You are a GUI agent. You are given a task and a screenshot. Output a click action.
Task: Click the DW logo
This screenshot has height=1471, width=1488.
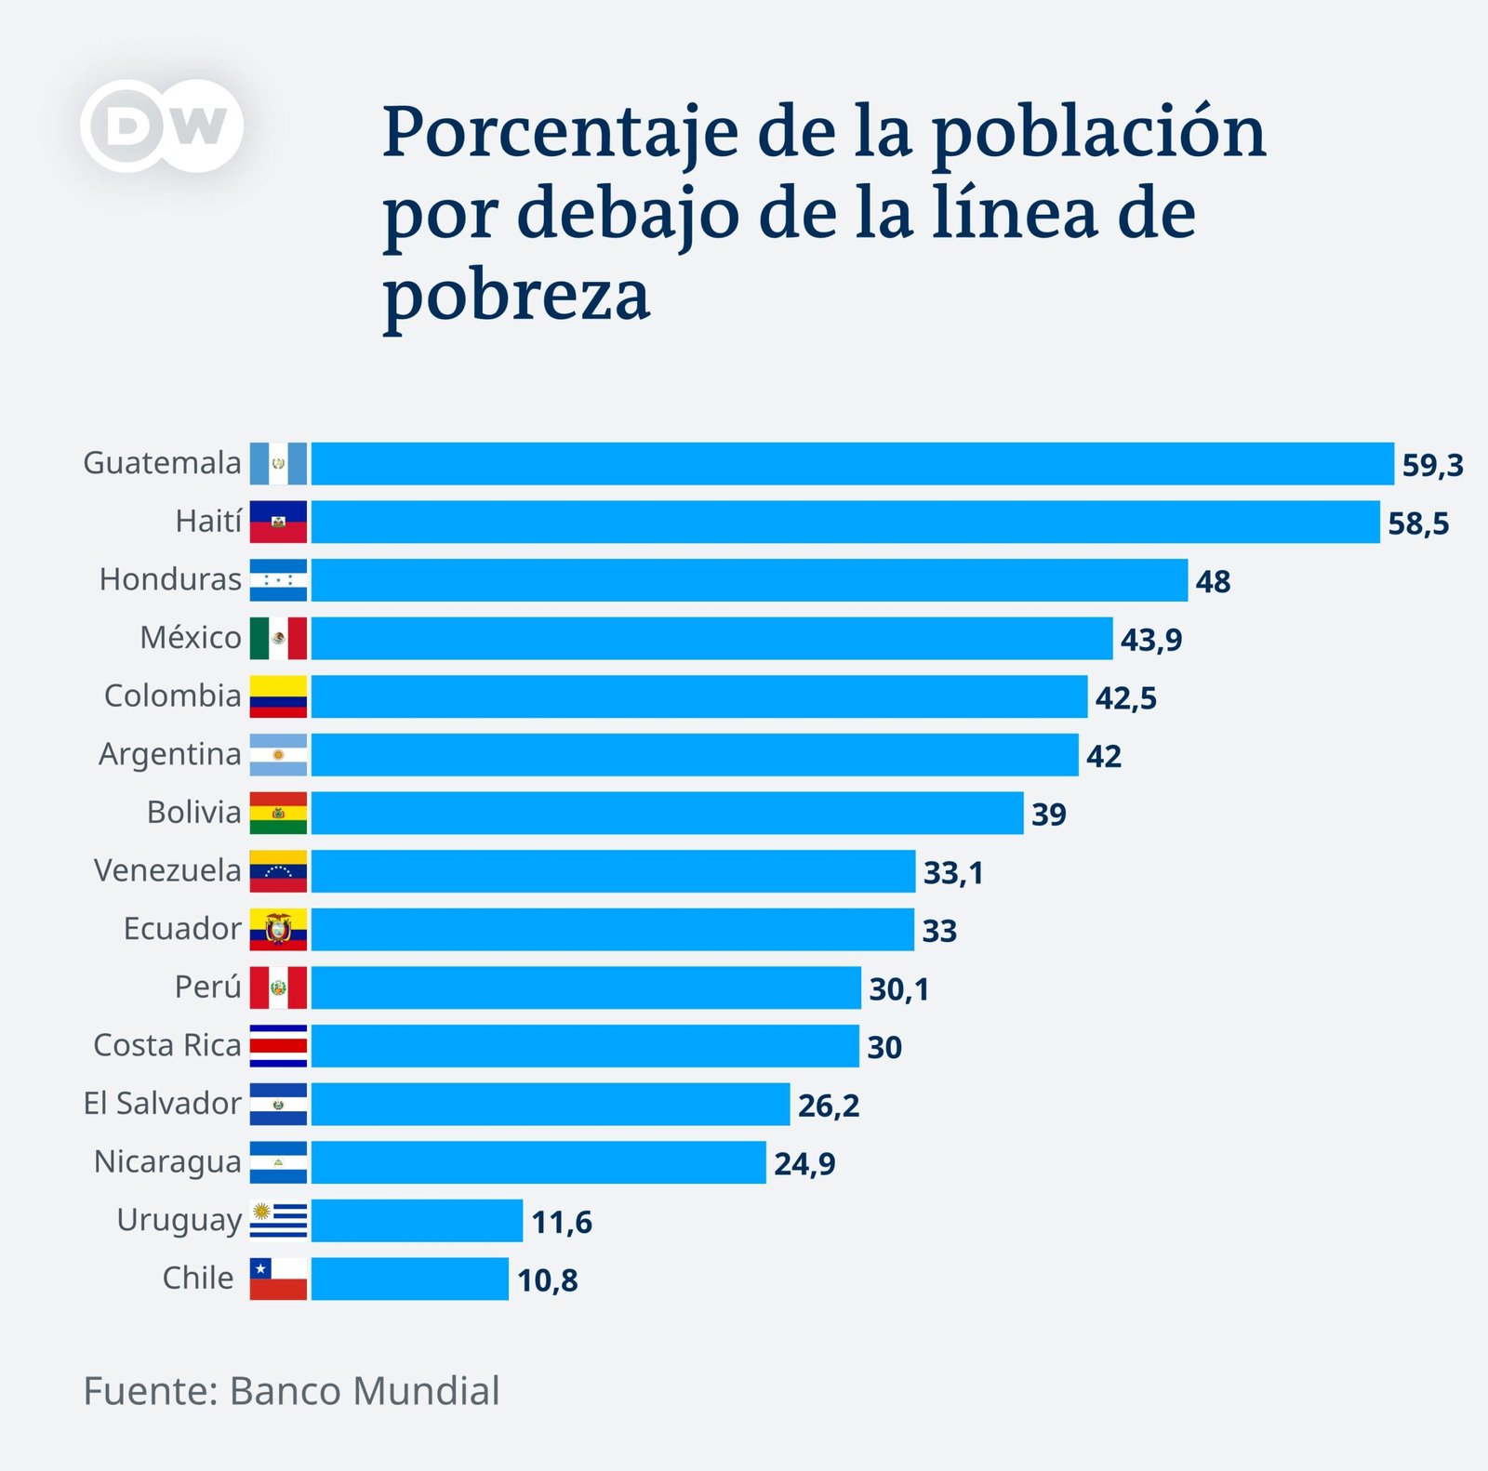click(162, 126)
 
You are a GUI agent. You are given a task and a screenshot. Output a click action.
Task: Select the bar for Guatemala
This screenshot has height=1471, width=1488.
click(852, 464)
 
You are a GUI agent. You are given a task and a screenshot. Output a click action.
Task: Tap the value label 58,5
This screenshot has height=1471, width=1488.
click(1418, 523)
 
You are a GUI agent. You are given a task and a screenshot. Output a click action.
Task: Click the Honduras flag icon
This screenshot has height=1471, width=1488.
click(278, 580)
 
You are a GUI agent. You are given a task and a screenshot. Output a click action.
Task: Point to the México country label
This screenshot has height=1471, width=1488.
click(191, 638)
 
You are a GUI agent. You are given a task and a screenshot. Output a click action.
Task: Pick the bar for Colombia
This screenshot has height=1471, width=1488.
click(698, 696)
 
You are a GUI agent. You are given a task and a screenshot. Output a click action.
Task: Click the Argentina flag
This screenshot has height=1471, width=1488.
click(278, 755)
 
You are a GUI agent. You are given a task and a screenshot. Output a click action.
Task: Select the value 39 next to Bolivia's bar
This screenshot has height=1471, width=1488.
click(1048, 815)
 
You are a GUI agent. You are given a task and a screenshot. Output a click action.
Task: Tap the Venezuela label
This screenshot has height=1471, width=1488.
click(167, 871)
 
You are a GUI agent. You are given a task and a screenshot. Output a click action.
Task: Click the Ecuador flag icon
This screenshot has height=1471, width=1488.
click(278, 929)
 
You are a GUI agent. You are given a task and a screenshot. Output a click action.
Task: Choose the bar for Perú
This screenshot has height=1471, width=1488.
click(586, 987)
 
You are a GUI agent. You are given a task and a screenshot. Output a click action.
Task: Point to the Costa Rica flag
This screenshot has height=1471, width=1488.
click(278, 1046)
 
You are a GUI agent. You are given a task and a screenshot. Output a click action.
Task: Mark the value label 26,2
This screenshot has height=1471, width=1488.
click(829, 1106)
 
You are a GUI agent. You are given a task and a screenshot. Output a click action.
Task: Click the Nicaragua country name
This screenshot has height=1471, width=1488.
click(167, 1162)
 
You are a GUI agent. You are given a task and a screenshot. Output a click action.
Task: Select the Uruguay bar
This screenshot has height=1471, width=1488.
click(417, 1221)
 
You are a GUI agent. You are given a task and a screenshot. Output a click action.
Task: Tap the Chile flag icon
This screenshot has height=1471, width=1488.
click(278, 1279)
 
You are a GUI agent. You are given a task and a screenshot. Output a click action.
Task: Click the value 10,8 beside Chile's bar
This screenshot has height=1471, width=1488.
click(547, 1280)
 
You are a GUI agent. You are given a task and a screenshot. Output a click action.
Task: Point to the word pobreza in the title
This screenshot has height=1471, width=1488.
click(516, 296)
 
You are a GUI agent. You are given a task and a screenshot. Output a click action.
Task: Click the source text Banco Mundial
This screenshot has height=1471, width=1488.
click(365, 1392)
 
